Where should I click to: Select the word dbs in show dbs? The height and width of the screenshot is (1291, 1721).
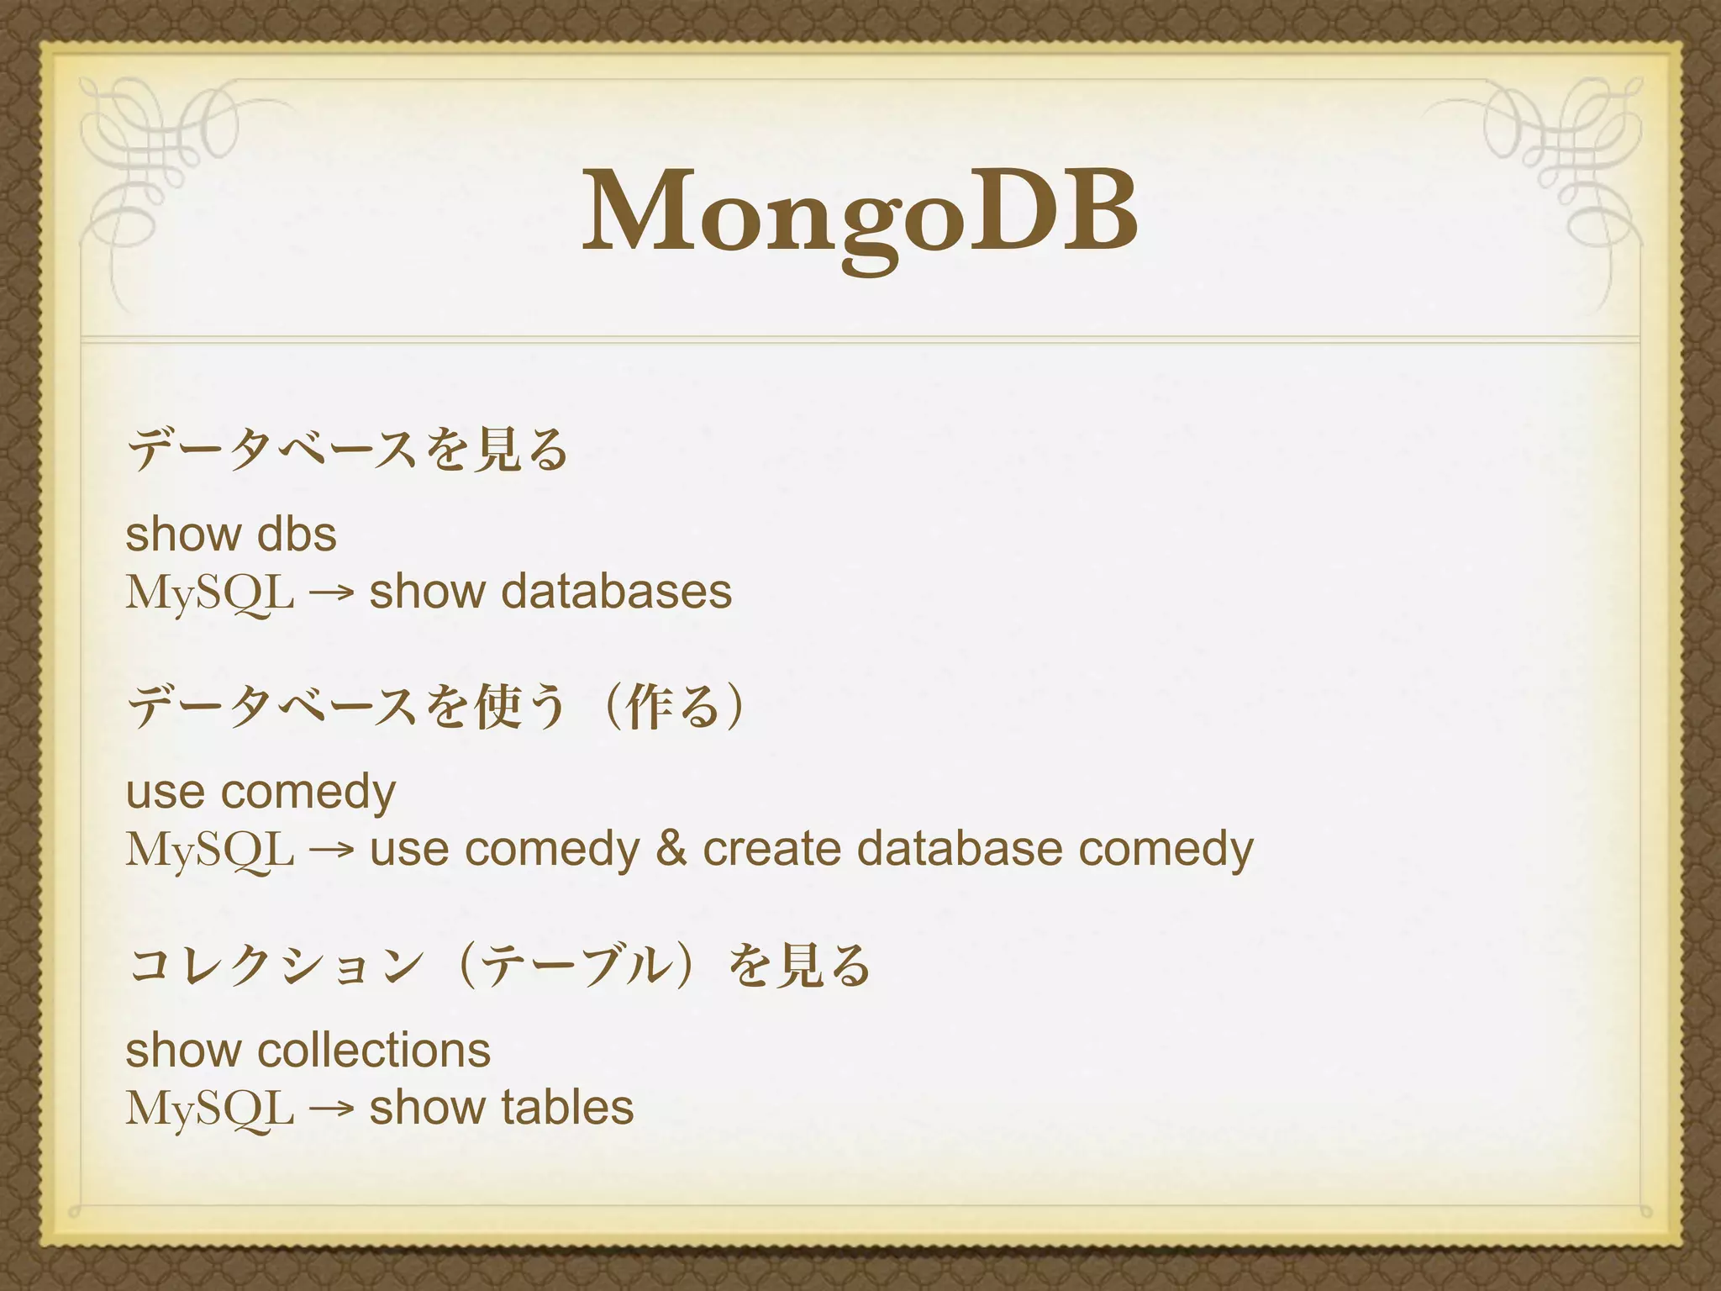[297, 535]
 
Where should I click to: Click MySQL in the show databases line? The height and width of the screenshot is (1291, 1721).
[210, 593]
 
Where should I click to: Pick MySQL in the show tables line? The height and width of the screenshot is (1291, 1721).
[210, 1109]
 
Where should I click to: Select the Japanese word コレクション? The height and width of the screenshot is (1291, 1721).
[277, 965]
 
